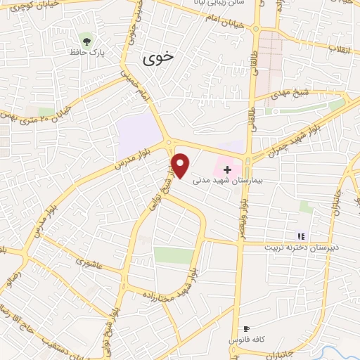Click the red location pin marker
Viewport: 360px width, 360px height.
tap(181, 165)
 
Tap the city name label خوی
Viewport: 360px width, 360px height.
tap(157, 59)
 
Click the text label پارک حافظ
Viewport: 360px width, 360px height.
tap(87, 52)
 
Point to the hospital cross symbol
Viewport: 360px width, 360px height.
tap(227, 169)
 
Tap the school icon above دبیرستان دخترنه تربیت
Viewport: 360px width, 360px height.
tap(301, 236)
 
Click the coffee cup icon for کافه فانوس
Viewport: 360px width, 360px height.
tap(246, 328)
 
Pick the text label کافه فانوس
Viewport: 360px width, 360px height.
tap(246, 340)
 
